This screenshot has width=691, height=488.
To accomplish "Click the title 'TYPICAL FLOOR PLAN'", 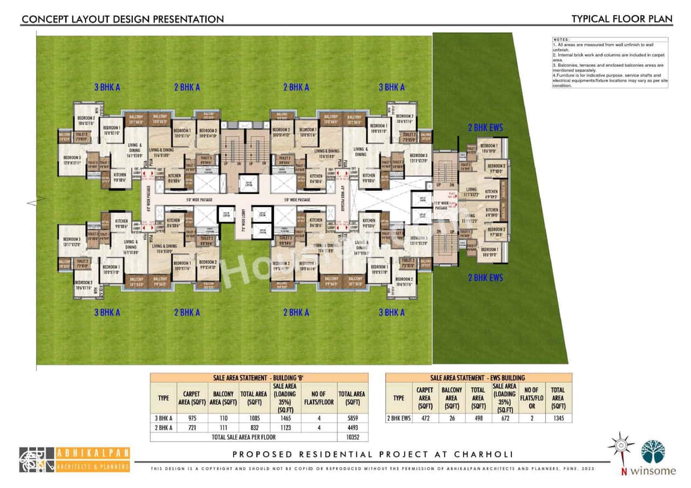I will pyautogui.click(x=622, y=19).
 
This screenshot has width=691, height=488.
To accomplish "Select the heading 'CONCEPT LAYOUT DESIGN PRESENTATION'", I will pyautogui.click(x=122, y=19).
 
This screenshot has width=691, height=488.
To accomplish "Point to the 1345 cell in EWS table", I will pyautogui.click(x=558, y=418).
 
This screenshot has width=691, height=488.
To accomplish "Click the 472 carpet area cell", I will pyautogui.click(x=424, y=418).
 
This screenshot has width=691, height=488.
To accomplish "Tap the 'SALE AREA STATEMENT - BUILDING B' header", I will pyautogui.click(x=259, y=378).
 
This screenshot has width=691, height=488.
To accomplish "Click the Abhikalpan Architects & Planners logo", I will pyautogui.click(x=74, y=459).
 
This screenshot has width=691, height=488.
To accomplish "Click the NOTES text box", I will pyautogui.click(x=609, y=63).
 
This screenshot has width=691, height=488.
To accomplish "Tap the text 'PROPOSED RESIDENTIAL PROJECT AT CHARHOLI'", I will pyautogui.click(x=372, y=455).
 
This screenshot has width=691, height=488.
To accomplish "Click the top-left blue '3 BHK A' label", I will pyautogui.click(x=107, y=87).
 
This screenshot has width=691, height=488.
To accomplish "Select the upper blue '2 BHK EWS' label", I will pyautogui.click(x=485, y=128).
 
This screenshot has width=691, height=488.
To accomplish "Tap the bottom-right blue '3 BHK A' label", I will pyautogui.click(x=391, y=312).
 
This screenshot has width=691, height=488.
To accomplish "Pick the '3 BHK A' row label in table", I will pyautogui.click(x=163, y=418).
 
